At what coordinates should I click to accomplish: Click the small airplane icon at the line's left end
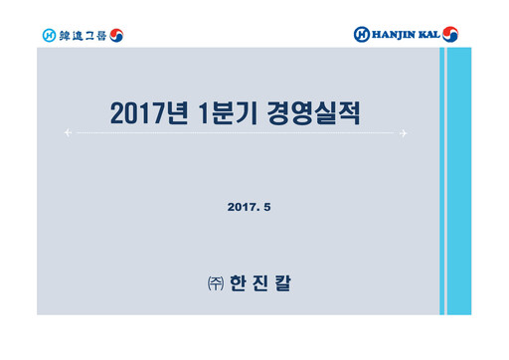pos(67,132)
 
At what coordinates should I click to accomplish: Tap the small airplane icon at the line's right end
pos(404,132)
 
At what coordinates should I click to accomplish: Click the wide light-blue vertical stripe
pos(458,180)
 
